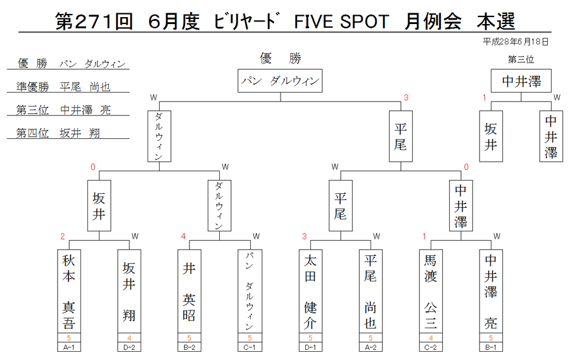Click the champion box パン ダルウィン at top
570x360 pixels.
tap(280, 80)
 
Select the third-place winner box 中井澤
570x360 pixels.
tap(521, 80)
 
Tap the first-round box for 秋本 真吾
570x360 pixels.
tap(68, 291)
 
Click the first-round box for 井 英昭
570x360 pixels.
tap(189, 291)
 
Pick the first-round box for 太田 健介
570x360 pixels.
tap(310, 291)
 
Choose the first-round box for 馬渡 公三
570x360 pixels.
tap(431, 291)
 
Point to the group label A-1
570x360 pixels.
tap(68, 347)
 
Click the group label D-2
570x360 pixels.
tap(129, 347)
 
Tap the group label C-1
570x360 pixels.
tap(250, 347)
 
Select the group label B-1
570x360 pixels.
tap(491, 347)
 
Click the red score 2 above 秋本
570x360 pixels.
tap(63, 237)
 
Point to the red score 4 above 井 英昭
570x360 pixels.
tap(183, 237)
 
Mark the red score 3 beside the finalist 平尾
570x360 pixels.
tap(406, 98)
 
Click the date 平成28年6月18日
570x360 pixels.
tap(515, 42)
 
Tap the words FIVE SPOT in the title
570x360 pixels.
tap(341, 22)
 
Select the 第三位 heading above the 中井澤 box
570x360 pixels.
tap(521, 60)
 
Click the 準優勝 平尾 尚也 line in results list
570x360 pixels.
tap(63, 87)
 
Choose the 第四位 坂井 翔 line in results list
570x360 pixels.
tap(58, 133)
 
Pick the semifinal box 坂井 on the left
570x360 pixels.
tap(99, 205)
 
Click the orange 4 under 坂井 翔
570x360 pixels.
tap(129, 338)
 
